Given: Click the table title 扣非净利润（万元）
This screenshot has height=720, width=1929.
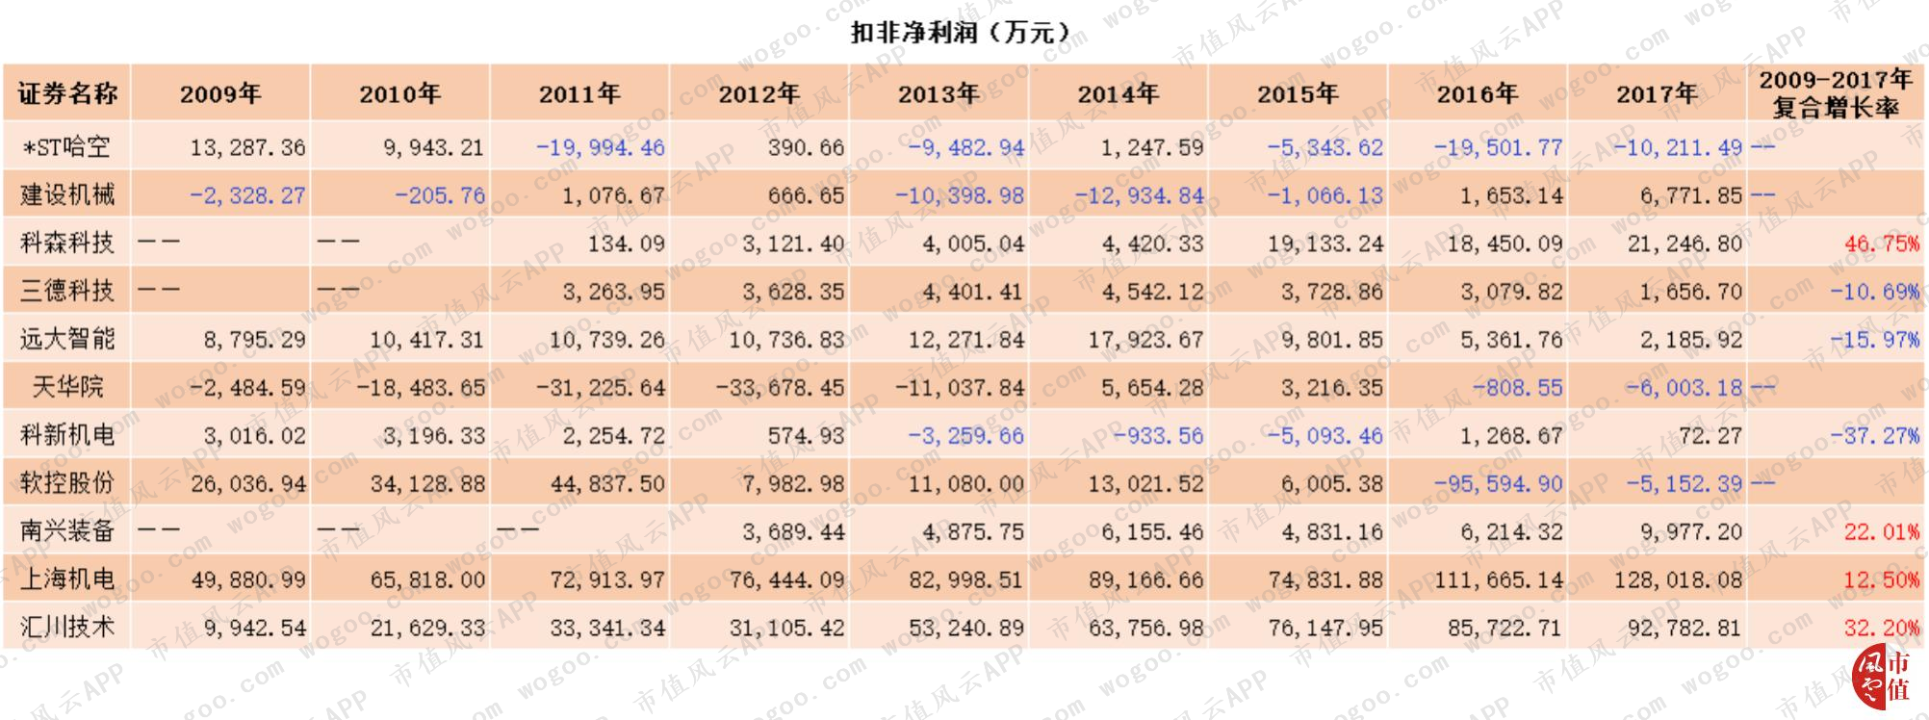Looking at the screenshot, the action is tap(960, 32).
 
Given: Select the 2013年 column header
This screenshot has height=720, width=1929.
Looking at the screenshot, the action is tap(938, 93).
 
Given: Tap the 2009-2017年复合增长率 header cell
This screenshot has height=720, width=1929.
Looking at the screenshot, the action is tap(1836, 92).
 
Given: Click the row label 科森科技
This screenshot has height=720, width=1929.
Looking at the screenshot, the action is tap(67, 243).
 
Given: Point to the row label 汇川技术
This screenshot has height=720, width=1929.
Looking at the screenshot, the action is tap(67, 628).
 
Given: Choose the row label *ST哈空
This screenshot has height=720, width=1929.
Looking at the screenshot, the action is tap(66, 147).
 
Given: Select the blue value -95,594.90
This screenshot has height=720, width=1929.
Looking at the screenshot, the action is tap(1498, 483).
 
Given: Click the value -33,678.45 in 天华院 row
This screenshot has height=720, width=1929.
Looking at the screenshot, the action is tap(780, 387).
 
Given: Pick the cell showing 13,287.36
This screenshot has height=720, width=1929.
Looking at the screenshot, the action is tap(247, 147).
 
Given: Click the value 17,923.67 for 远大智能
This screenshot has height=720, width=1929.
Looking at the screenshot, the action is tap(1145, 340).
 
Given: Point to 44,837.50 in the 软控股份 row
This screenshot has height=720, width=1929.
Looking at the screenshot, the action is tap(607, 483).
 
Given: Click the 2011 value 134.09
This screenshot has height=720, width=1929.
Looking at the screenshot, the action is tap(627, 244).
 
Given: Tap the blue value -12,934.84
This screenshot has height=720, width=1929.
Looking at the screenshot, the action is tap(1140, 195).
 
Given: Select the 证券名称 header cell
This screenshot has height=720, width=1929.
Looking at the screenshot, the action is tap(67, 93).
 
